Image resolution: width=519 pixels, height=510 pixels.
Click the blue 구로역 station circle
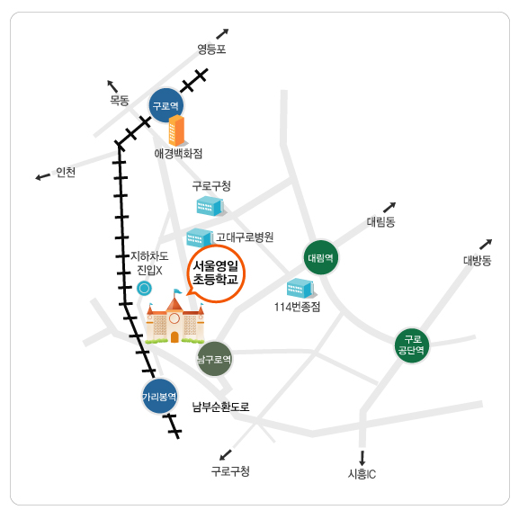click(x=166, y=105)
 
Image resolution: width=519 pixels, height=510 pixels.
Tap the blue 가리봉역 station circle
click(x=159, y=396)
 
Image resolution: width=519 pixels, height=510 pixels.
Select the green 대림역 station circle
click(x=321, y=258)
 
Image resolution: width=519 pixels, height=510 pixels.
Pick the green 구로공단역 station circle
click(x=412, y=346)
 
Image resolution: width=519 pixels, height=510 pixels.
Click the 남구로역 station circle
click(x=214, y=359)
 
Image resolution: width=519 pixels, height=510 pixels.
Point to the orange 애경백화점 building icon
click(x=177, y=130)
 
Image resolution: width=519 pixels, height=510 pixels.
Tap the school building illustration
click(x=174, y=317)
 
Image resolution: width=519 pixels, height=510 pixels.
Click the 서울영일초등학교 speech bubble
click(x=216, y=273)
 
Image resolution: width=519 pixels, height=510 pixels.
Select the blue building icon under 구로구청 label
click(x=211, y=206)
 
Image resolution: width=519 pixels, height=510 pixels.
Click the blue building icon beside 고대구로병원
click(x=200, y=237)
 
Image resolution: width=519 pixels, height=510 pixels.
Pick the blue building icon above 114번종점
click(x=301, y=288)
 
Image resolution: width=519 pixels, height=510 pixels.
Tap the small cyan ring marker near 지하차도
click(x=144, y=288)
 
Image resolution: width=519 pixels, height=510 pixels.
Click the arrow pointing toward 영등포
click(x=222, y=34)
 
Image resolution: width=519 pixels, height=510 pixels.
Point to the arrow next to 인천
click(x=42, y=176)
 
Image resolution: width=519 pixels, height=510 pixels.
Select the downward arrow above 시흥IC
click(x=362, y=458)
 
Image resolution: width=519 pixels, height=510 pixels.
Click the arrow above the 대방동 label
click(x=486, y=245)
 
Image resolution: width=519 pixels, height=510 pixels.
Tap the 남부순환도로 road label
click(x=220, y=407)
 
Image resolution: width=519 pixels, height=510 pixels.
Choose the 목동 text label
click(x=120, y=100)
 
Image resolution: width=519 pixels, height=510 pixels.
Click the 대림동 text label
click(x=381, y=221)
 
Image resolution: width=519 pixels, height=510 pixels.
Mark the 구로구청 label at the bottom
click(x=230, y=471)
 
